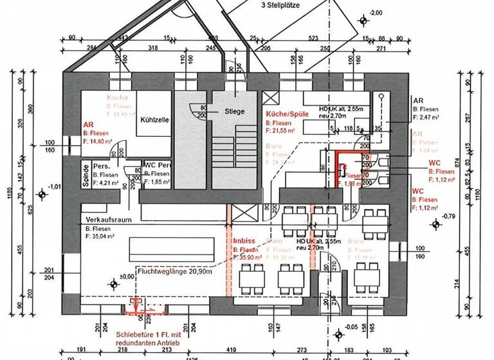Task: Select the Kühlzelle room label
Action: pos(153,120)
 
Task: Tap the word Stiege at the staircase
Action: pos(235,111)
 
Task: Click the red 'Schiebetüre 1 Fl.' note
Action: pos(147,334)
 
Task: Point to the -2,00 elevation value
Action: pos(376,12)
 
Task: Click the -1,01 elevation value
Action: pos(55,186)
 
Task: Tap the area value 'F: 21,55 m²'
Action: pos(280,130)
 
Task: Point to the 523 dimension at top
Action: pos(314,39)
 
